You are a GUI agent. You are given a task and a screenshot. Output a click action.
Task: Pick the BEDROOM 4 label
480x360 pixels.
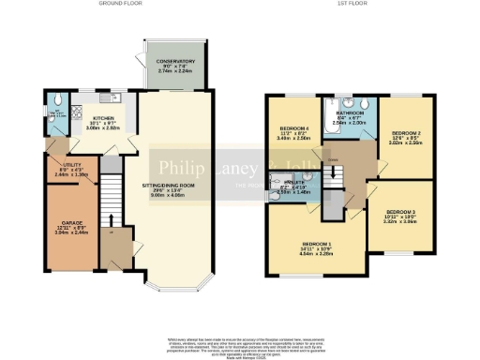(x=293, y=131)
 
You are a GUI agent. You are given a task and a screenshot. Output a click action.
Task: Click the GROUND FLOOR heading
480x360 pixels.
(x=119, y=5)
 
